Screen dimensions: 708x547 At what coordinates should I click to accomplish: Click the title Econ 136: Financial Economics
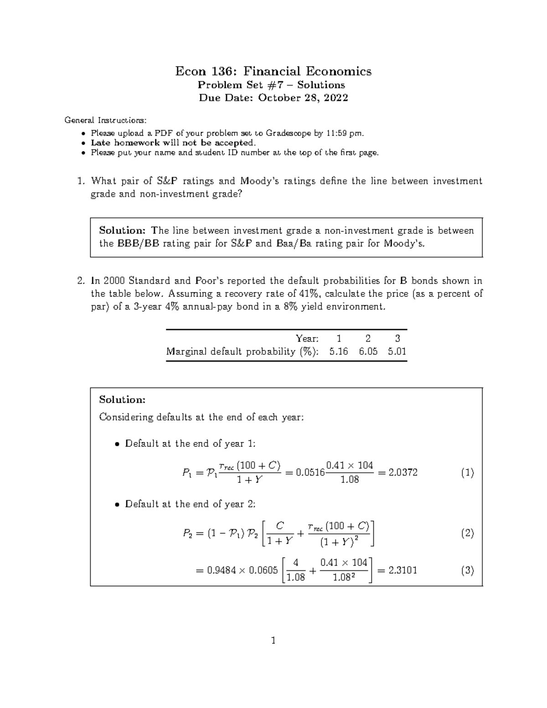[273, 71]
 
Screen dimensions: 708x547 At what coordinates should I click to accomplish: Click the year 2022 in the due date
[336, 98]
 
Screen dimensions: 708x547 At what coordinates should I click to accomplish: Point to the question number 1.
[81, 181]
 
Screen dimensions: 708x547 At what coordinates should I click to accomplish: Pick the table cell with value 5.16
[338, 351]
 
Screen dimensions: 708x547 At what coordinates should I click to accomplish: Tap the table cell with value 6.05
[368, 351]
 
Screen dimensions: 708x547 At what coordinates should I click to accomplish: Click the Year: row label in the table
[307, 338]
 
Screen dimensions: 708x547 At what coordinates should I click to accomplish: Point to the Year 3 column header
[397, 338]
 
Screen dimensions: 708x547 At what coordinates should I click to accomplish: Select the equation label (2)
[467, 533]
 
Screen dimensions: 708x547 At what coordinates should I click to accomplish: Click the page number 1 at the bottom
[273, 641]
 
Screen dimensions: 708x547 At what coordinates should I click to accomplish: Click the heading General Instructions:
[106, 120]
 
